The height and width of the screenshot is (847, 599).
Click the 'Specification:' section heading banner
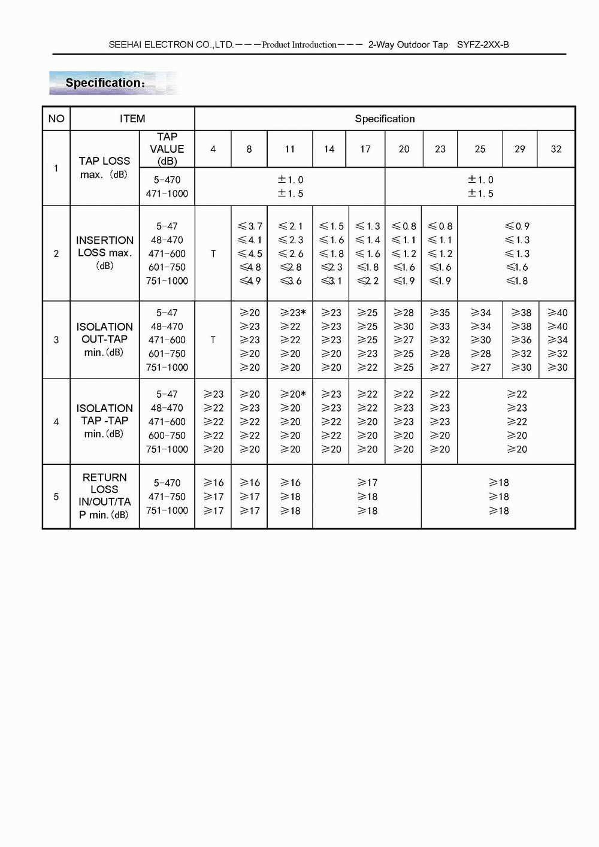[x=105, y=83]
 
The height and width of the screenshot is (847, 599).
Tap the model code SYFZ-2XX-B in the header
[x=483, y=45]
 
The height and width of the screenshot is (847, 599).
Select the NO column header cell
[x=56, y=119]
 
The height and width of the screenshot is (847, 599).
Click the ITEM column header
[x=132, y=119]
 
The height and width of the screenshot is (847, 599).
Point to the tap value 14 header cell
[x=329, y=149]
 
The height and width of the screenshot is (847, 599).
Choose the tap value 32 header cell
[x=556, y=149]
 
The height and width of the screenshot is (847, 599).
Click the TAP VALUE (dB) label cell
[x=167, y=149]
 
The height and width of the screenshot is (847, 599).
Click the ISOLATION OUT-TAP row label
[x=104, y=339]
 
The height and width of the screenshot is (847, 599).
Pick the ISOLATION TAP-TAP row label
[x=104, y=421]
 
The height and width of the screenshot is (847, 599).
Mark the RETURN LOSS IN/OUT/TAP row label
[x=104, y=496]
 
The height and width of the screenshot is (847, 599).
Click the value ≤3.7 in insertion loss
[x=250, y=226]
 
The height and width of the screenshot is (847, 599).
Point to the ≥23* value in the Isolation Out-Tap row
[x=293, y=313]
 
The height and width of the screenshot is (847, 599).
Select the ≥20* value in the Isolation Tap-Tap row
[x=293, y=394]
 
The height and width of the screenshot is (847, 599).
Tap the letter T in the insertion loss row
[x=213, y=254]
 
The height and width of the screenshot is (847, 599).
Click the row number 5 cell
[x=56, y=497]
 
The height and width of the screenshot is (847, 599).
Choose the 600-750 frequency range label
[x=167, y=435]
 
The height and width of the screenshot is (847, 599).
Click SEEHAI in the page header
[x=125, y=45]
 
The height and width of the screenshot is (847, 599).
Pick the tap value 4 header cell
[x=213, y=149]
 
